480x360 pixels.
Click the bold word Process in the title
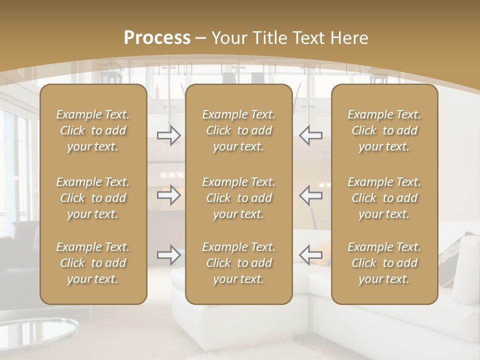157,38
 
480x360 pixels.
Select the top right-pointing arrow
169,135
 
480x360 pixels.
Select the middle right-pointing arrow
169,195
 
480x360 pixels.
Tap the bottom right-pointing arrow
169,255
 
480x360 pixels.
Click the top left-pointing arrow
311,135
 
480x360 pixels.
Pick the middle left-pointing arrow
311,195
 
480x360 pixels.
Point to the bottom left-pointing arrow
311,255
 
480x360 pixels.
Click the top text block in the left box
93,130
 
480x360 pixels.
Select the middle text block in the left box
93,198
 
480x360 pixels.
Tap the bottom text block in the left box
93,263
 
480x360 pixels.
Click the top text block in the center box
238,130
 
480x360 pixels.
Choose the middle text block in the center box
238,198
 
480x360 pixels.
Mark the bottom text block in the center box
238,263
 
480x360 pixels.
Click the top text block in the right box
384,130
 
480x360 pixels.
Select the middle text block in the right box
384,198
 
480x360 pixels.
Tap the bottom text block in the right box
384,263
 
